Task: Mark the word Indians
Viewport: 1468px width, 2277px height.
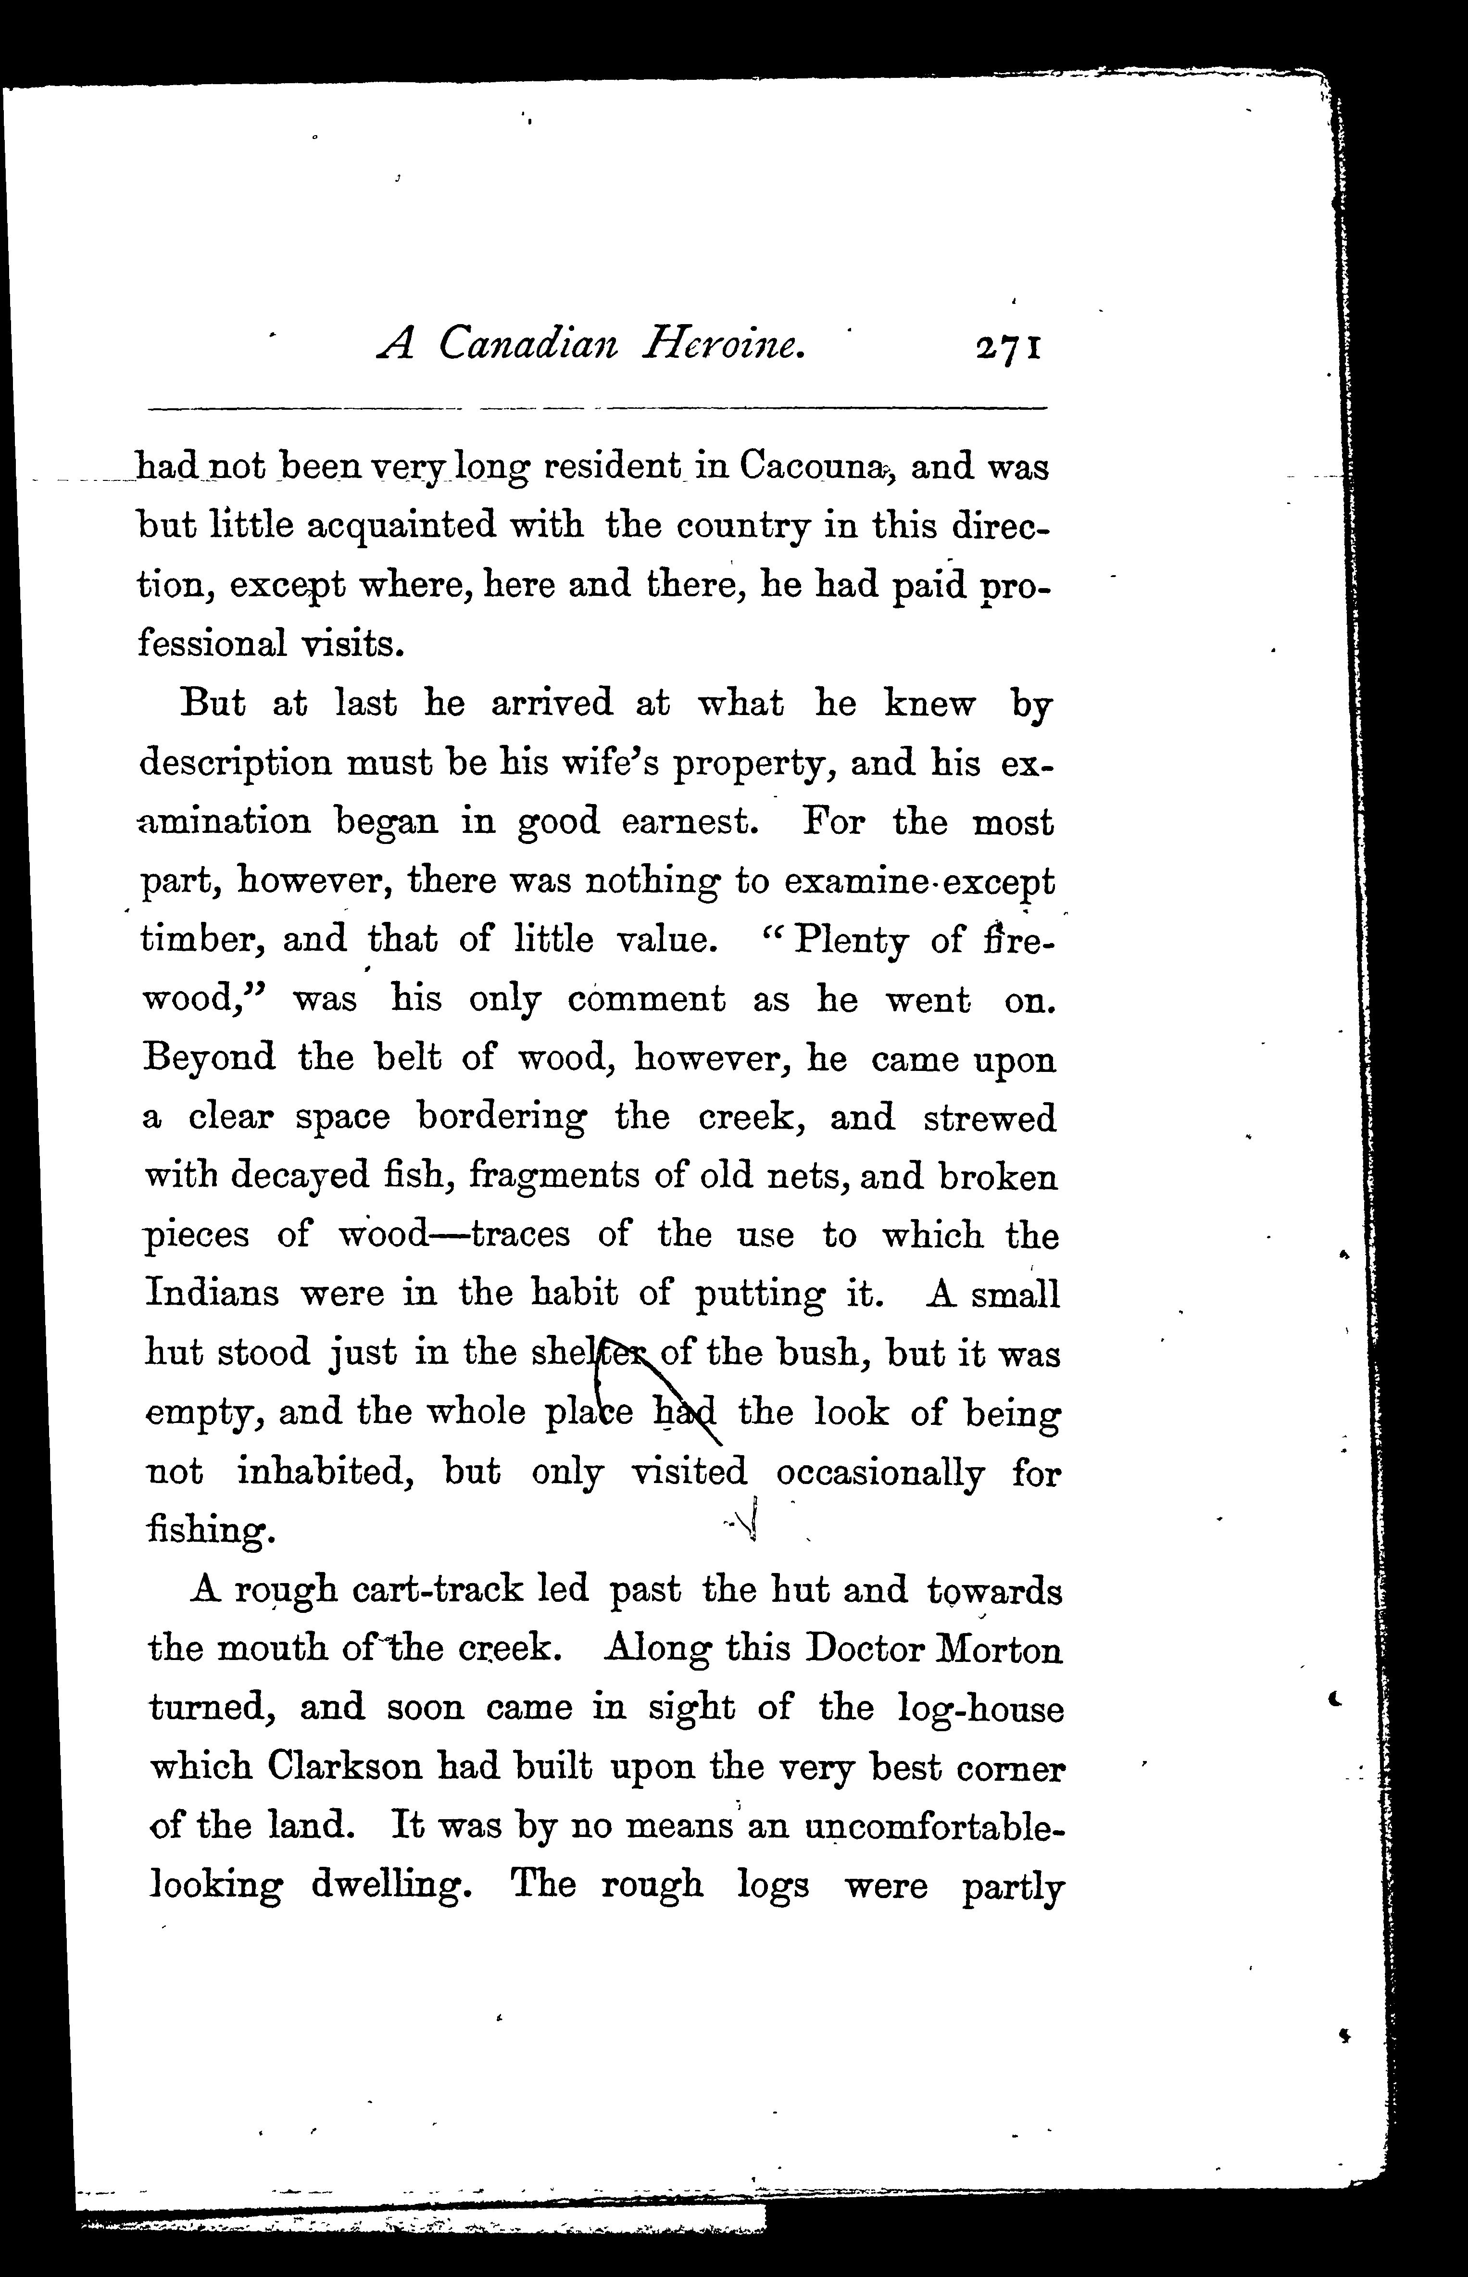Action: (212, 1295)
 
